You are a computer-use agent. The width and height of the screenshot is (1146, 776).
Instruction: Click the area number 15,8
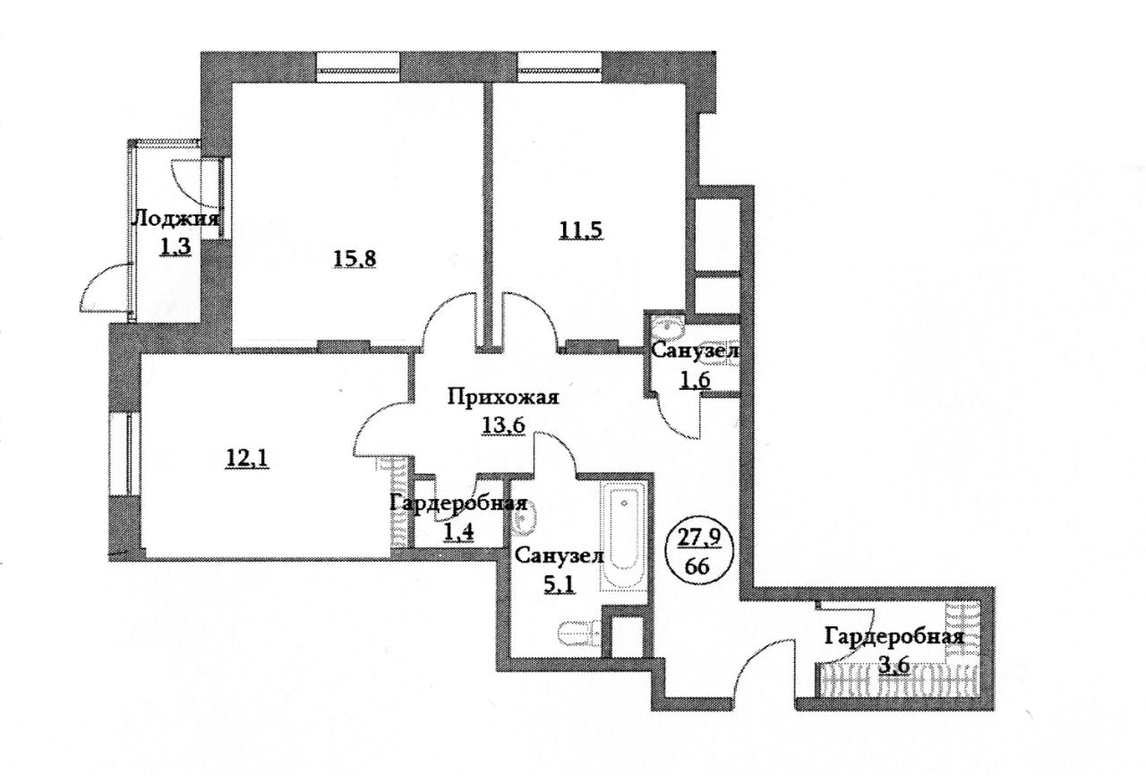(355, 260)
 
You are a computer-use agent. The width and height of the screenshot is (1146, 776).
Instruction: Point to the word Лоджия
(176, 218)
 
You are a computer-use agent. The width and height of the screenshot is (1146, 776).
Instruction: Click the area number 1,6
(693, 379)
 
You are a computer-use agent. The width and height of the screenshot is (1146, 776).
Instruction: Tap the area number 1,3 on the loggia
(175, 246)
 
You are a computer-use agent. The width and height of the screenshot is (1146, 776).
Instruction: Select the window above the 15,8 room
(359, 65)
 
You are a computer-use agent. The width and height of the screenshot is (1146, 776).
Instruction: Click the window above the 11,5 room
(560, 65)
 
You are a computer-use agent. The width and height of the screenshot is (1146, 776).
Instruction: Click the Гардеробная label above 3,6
(894, 637)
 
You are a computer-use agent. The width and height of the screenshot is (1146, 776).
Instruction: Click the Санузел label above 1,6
(693, 353)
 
